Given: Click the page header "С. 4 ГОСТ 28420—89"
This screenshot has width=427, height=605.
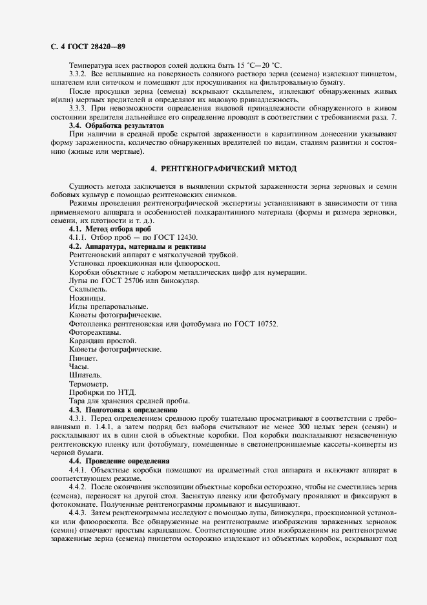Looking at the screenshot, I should pyautogui.click(x=87, y=47).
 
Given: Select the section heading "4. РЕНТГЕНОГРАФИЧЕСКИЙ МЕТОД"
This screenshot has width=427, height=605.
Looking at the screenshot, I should pyautogui.click(x=223, y=169).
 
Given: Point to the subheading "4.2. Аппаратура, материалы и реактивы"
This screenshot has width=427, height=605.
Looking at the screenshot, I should pyautogui.click(x=137, y=247).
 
